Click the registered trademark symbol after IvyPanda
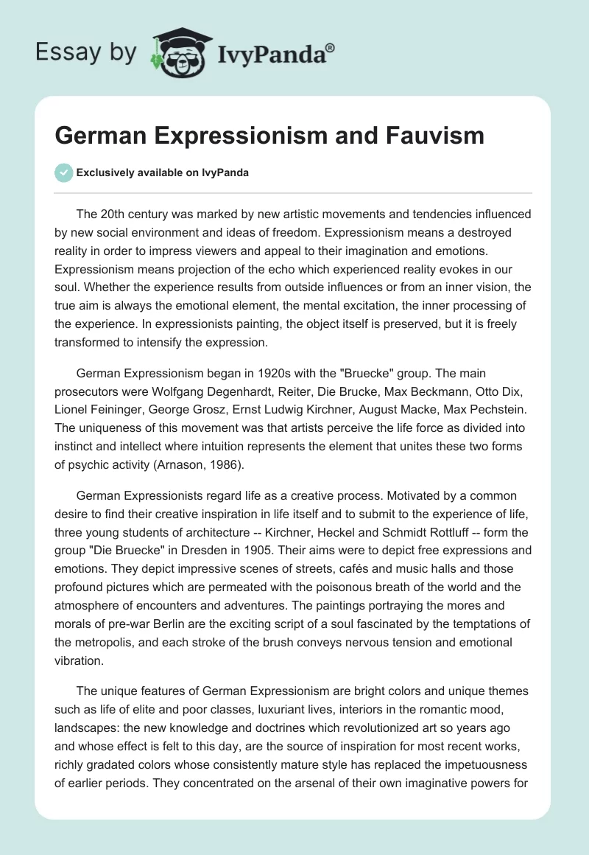pyautogui.click(x=331, y=47)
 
